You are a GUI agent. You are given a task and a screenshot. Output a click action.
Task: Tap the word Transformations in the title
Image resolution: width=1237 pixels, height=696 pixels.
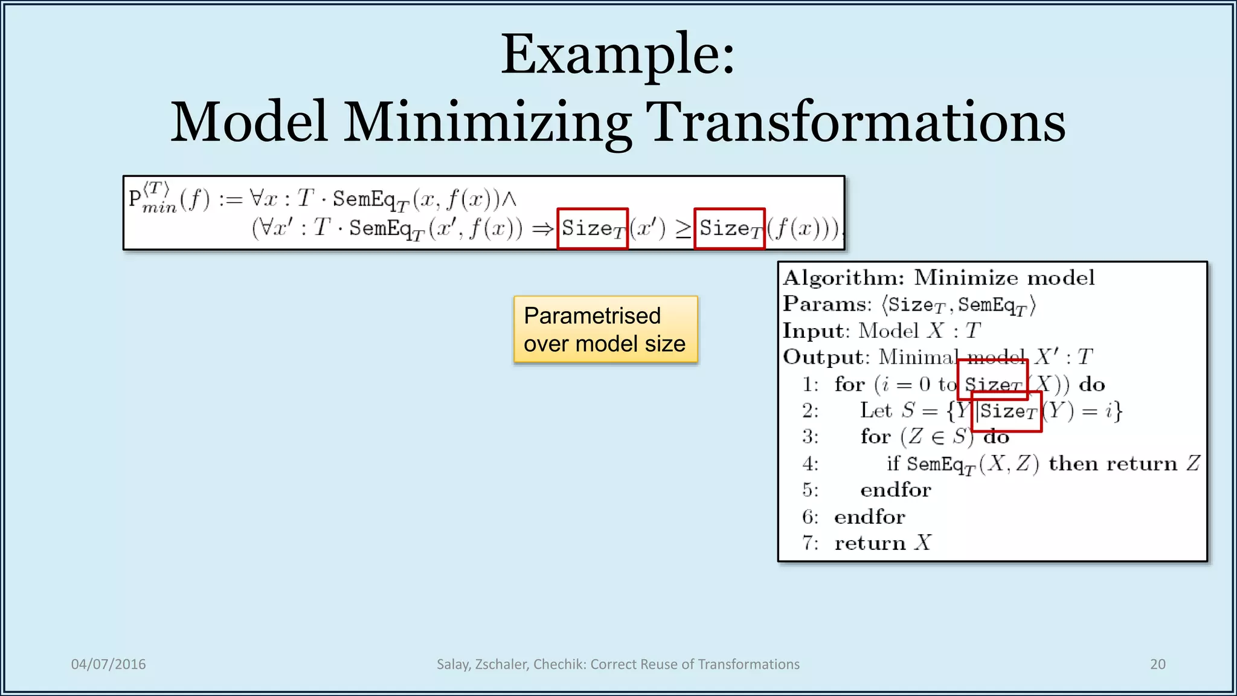click(x=855, y=123)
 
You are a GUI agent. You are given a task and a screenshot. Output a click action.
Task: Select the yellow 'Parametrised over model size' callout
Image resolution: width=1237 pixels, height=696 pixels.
click(x=605, y=329)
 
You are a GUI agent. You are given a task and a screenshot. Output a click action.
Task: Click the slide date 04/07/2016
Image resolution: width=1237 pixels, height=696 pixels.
click(x=109, y=664)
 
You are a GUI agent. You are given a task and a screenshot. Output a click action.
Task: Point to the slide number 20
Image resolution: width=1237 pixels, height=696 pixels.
click(x=1157, y=664)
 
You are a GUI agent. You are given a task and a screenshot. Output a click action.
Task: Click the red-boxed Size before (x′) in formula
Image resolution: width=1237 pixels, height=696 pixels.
click(x=593, y=228)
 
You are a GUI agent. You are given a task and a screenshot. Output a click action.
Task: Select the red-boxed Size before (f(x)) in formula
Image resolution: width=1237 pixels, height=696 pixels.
click(x=730, y=228)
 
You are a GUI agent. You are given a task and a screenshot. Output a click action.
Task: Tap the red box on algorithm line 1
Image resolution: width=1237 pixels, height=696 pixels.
click(x=992, y=379)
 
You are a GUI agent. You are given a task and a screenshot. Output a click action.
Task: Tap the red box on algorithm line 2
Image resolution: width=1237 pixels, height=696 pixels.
click(x=1007, y=411)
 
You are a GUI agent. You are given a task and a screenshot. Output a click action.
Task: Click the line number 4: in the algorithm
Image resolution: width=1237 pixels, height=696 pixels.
click(x=810, y=463)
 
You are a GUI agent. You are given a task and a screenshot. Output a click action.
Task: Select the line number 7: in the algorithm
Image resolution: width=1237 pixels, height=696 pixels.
click(x=810, y=543)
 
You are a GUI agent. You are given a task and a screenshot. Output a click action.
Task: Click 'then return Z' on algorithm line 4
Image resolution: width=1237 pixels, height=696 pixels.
click(x=1123, y=463)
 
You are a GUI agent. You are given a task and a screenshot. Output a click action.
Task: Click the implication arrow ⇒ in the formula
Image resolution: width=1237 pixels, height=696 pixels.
click(x=542, y=229)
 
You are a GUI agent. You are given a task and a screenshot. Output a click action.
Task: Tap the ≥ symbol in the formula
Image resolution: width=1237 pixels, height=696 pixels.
click(x=683, y=229)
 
